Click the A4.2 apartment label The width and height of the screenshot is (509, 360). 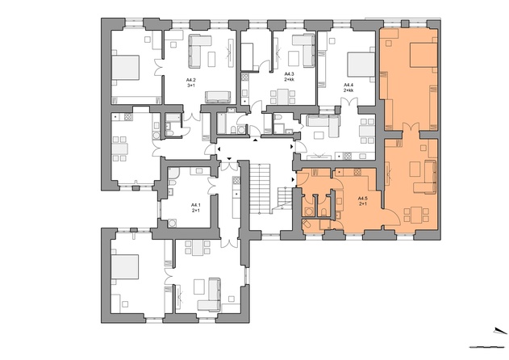pyautogui.click(x=190, y=82)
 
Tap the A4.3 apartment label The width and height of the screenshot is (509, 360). pyautogui.click(x=289, y=77)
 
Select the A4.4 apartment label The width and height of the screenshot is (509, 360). pyautogui.click(x=348, y=87)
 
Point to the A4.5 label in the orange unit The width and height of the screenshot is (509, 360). pyautogui.click(x=363, y=201)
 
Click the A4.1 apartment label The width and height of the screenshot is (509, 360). pyautogui.click(x=196, y=207)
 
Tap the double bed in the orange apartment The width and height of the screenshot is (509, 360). pyautogui.click(x=423, y=55)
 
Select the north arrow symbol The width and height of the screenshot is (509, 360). pyautogui.click(x=500, y=331)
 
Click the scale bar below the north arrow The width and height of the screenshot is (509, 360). pyautogui.click(x=487, y=347)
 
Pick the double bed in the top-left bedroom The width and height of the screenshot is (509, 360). pyautogui.click(x=125, y=68)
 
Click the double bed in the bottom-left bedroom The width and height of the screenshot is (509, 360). pyautogui.click(x=125, y=266)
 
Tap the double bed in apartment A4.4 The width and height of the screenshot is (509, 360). pyautogui.click(x=361, y=65)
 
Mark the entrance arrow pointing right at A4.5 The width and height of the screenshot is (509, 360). pyautogui.click(x=293, y=179)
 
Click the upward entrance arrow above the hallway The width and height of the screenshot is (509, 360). pyautogui.click(x=256, y=140)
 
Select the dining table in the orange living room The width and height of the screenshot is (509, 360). pyautogui.click(x=416, y=215)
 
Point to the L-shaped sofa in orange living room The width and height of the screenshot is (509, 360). pyautogui.click(x=426, y=178)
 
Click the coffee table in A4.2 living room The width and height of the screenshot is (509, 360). pyautogui.click(x=211, y=60)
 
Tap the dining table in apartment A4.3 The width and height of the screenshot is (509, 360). pyautogui.click(x=283, y=97)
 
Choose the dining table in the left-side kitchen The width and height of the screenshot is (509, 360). pyautogui.click(x=119, y=149)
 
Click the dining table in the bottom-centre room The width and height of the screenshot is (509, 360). pyautogui.click(x=198, y=247)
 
